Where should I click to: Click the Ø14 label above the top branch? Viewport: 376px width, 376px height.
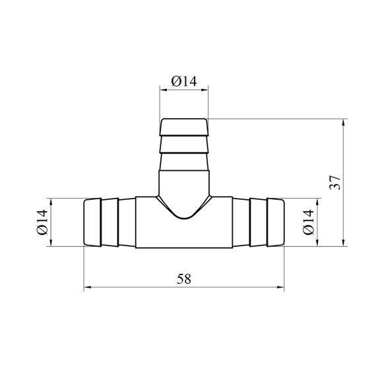pyautogui.click(x=184, y=81)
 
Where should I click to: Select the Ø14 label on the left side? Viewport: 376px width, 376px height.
pyautogui.click(x=42, y=222)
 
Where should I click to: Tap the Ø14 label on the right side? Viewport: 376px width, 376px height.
pyautogui.click(x=308, y=222)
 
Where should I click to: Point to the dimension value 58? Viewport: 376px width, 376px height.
pyautogui.click(x=184, y=279)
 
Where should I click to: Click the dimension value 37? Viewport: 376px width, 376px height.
pyautogui.click(x=335, y=183)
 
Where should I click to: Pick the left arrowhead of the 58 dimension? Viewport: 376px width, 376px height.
pyautogui.click(x=88, y=287)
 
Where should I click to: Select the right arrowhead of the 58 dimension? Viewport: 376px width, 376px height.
pyautogui.click(x=280, y=287)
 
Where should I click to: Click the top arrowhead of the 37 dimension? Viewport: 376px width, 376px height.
pyautogui.click(x=344, y=123)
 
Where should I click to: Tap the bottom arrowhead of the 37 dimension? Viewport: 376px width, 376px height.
pyautogui.click(x=344, y=243)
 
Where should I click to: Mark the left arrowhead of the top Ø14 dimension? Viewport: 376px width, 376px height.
pyautogui.click(x=164, y=90)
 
